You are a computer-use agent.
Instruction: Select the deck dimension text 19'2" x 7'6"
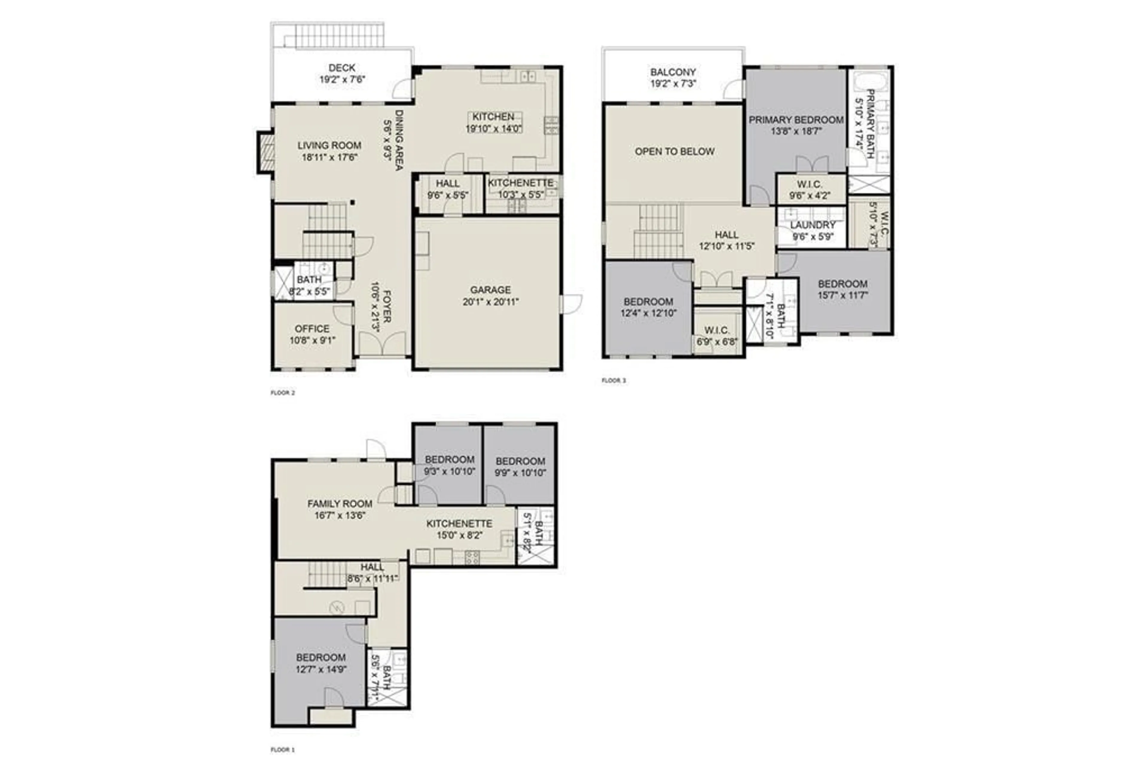(x=342, y=79)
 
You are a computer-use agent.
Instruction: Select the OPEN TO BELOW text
(x=674, y=151)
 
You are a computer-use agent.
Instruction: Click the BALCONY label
(x=673, y=72)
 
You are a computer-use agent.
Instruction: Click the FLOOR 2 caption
(x=283, y=392)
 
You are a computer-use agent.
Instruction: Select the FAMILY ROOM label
(x=340, y=504)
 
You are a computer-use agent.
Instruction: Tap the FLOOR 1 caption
(x=283, y=749)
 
